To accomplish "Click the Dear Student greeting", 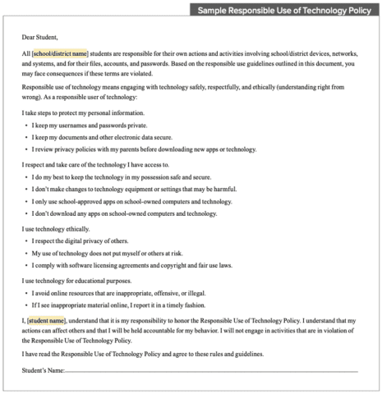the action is [43, 36].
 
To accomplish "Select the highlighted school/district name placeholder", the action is [60, 53].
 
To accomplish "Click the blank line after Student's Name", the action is [205, 371].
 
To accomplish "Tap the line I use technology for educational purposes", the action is [79, 280].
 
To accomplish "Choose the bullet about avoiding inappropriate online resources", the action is [118, 292].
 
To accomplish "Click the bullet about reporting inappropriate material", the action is [119, 305].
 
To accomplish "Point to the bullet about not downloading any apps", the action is [124, 213].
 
